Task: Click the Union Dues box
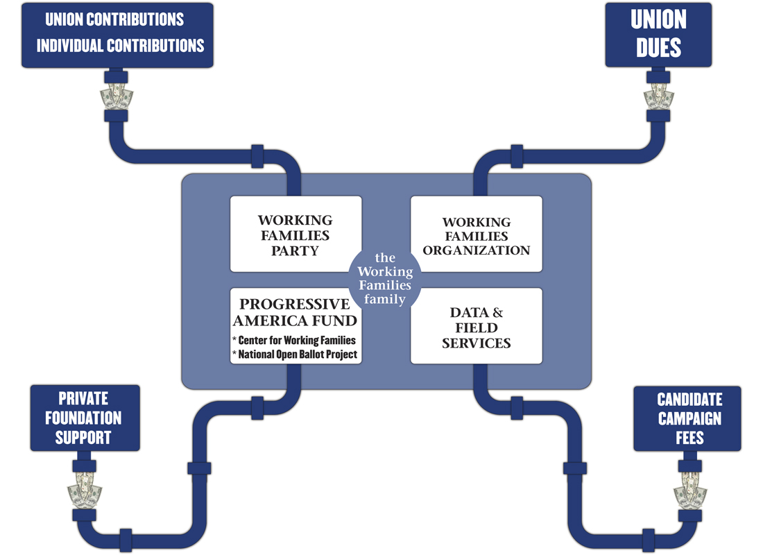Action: pyautogui.click(x=658, y=35)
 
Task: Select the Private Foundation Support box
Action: pyautogui.click(x=85, y=418)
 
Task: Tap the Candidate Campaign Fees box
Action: pyautogui.click(x=687, y=419)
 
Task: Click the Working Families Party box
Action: pyautogui.click(x=296, y=234)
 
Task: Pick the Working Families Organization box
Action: pyautogui.click(x=477, y=234)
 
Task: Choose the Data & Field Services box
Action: pyautogui.click(x=477, y=326)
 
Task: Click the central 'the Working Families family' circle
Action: pyautogui.click(x=385, y=279)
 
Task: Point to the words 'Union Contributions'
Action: pyautogui.click(x=114, y=19)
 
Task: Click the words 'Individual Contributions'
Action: pyautogui.click(x=120, y=46)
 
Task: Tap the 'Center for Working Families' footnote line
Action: pyautogui.click(x=294, y=341)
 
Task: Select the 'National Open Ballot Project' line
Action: pyautogui.click(x=295, y=355)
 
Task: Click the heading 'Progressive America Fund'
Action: pyautogui.click(x=295, y=313)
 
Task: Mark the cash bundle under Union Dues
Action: pyautogui.click(x=658, y=97)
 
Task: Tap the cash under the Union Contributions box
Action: pyautogui.click(x=117, y=96)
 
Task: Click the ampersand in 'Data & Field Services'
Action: pyautogui.click(x=497, y=312)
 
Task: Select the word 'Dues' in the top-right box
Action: pyautogui.click(x=658, y=48)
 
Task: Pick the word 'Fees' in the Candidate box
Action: pyautogui.click(x=689, y=438)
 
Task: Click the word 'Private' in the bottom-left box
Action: pyautogui.click(x=83, y=399)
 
